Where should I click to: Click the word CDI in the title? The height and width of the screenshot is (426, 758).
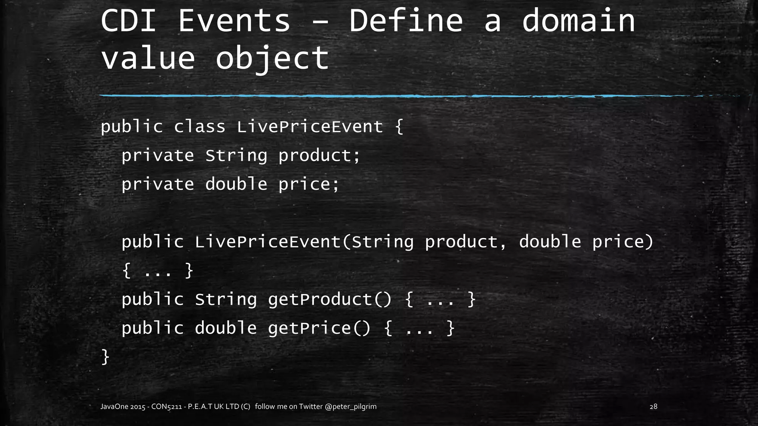(x=128, y=21)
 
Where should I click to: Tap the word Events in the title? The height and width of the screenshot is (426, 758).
(x=234, y=21)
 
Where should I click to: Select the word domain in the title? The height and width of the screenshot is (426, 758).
(x=578, y=21)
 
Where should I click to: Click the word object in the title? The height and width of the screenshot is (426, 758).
(x=272, y=58)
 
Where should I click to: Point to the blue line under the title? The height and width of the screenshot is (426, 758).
(x=370, y=96)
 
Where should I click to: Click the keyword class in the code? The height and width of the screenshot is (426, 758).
(x=199, y=127)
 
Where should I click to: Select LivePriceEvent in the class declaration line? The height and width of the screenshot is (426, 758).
(x=310, y=127)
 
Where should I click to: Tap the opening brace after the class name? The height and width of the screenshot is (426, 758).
(x=399, y=127)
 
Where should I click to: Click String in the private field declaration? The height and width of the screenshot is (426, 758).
(x=236, y=156)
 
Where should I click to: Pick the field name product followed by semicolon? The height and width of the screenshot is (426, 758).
(x=319, y=156)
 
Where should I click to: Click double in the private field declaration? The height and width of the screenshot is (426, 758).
(x=236, y=184)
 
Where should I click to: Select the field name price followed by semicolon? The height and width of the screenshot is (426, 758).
(x=309, y=184)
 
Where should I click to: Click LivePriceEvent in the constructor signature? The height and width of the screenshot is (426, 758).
(x=268, y=242)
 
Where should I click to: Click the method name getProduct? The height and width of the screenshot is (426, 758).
(x=320, y=299)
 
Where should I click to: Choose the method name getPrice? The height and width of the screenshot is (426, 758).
(x=309, y=328)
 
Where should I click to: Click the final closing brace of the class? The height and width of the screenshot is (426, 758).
(x=105, y=357)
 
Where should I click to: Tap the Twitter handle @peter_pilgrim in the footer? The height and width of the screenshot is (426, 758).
(x=351, y=406)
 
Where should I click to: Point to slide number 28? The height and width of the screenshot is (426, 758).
(x=653, y=406)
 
